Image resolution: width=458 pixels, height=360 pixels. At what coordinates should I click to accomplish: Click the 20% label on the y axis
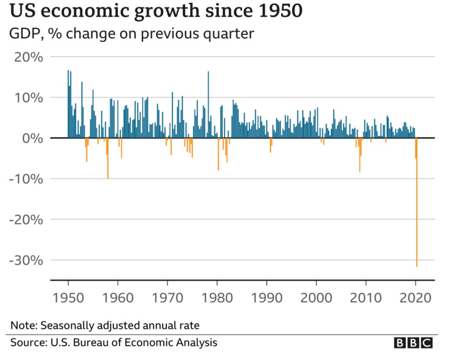tap(29, 57)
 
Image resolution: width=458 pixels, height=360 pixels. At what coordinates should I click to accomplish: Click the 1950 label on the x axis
tap(68, 298)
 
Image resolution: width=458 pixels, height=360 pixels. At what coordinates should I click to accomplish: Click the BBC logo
tap(413, 343)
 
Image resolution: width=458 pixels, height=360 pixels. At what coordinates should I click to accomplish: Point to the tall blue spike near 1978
tap(208, 104)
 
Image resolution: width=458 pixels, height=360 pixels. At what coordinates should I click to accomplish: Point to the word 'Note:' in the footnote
tap(23, 325)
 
